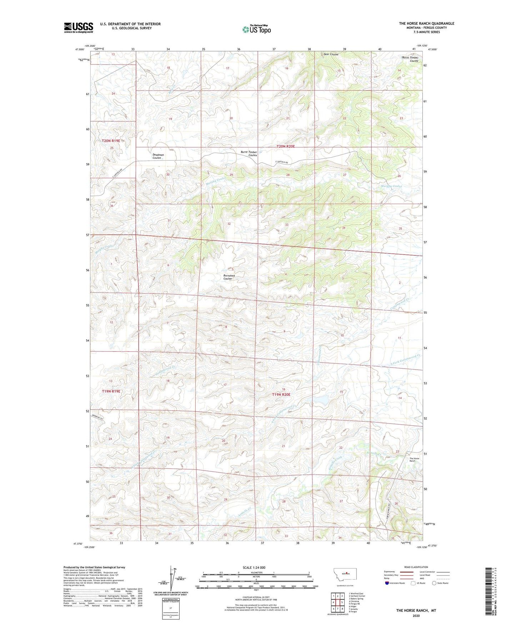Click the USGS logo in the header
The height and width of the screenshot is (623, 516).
click(79, 27)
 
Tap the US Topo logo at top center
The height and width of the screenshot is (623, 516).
click(256, 29)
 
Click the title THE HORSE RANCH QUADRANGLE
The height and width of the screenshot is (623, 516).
click(426, 24)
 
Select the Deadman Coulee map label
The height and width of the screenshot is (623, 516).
click(158, 156)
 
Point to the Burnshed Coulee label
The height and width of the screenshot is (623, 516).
click(229, 277)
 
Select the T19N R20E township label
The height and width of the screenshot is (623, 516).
click(281, 395)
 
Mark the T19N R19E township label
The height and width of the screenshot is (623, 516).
click(111, 391)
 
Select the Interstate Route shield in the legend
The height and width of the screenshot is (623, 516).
click(387, 583)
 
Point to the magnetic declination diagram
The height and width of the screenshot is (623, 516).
click(172, 578)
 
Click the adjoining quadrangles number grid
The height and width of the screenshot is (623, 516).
click(337, 602)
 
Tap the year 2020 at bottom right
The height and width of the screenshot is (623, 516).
click(416, 616)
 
